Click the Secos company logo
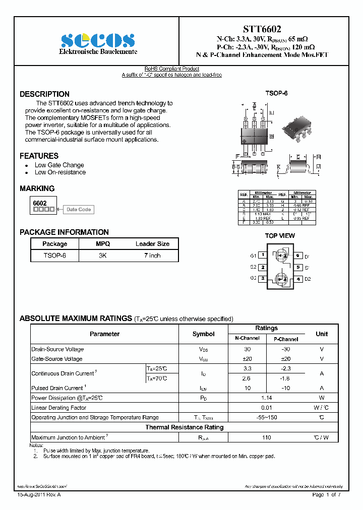click(98, 40)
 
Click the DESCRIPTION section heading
click(44, 94)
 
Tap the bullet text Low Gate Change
click(59, 165)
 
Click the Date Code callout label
click(79, 210)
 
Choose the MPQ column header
click(103, 243)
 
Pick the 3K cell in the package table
click(103, 256)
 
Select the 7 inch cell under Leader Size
click(152, 256)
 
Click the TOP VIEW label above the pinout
click(280, 235)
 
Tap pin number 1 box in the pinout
click(262, 256)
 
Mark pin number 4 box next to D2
click(298, 279)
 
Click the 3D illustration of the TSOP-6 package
click(300, 129)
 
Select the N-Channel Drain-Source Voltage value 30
click(247, 349)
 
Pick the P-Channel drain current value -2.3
click(285, 369)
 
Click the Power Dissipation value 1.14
click(266, 398)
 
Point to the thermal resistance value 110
click(266, 437)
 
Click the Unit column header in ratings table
click(321, 334)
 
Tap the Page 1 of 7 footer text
click(326, 495)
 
